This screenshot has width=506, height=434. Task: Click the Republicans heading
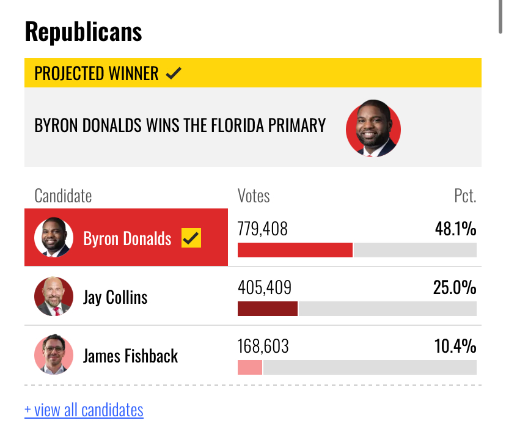coord(83,32)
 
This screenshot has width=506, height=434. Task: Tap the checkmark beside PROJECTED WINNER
coord(174,73)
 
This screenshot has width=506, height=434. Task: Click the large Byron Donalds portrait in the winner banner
coord(373,128)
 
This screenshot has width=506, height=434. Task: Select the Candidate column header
coord(63,196)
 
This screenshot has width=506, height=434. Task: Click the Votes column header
coord(254,196)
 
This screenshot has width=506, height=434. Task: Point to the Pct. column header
coord(465,196)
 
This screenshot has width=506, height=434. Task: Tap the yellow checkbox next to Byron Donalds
coord(191,238)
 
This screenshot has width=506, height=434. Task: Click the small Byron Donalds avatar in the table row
coord(54,237)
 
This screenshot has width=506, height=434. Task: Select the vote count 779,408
coord(262,229)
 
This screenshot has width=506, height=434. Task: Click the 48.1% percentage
coord(455,229)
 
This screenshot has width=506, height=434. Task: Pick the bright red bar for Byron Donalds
coord(295,250)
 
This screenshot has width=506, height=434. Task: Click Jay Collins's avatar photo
coord(54,296)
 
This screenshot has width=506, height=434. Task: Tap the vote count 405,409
coord(264,287)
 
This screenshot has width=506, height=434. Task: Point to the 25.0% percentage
coord(455,287)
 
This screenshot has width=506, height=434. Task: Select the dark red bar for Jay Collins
coord(268,309)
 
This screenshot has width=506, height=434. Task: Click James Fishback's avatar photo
coord(54,355)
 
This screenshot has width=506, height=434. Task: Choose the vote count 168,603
coord(263,346)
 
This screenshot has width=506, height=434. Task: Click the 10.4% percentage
coord(455,346)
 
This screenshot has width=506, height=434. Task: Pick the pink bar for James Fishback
coord(250,367)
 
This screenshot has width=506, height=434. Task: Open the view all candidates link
coord(84,410)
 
